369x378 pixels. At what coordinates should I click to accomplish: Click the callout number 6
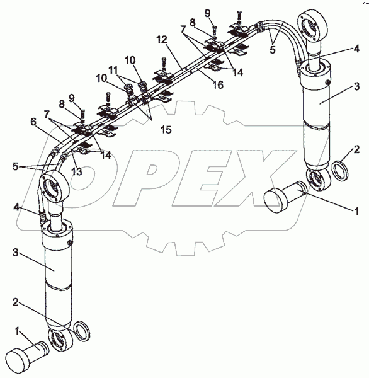33,122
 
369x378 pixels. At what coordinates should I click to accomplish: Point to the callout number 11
113,70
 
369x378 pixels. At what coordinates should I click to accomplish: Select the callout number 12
162,40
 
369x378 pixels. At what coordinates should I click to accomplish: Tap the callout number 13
77,171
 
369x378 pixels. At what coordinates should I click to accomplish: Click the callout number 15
166,130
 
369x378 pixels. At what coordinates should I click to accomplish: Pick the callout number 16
218,84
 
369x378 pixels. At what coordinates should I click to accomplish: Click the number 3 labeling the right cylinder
356,86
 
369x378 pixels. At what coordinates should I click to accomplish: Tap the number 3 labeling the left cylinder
15,253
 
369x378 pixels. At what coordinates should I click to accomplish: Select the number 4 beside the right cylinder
356,49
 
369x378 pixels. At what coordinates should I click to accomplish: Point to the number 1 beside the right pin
356,211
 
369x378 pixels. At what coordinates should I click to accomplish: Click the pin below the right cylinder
285,197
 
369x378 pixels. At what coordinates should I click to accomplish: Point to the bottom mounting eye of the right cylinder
317,180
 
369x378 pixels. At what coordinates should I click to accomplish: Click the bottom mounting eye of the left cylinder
60,340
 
